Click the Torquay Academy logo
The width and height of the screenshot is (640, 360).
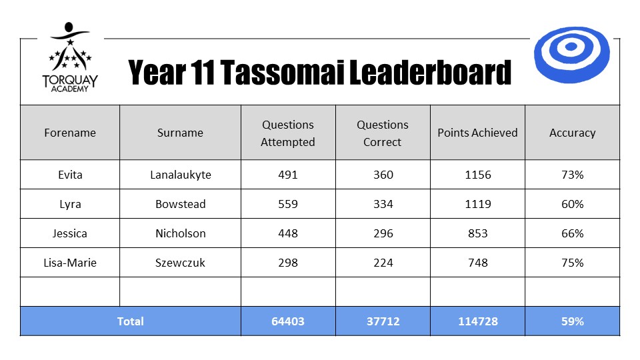(70, 57)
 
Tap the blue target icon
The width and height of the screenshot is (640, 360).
(571, 55)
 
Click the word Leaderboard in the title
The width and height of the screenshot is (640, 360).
(430, 73)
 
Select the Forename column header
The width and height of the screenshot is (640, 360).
(70, 133)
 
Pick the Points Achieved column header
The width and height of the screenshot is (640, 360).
(477, 133)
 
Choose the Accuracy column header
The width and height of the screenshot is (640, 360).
(572, 133)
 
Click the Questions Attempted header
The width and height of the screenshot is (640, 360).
(288, 133)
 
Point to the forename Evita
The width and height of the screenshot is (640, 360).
(70, 175)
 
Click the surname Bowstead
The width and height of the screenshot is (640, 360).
(181, 204)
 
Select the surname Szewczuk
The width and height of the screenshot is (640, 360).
(180, 263)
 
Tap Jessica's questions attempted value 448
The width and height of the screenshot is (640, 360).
(288, 233)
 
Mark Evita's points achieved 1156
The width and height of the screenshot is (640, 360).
(477, 175)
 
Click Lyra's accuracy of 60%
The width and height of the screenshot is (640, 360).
(572, 204)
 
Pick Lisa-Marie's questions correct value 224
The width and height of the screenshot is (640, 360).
(383, 263)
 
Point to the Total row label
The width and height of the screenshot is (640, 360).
(130, 321)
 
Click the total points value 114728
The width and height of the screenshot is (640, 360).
(477, 321)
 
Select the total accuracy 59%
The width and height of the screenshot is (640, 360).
(572, 321)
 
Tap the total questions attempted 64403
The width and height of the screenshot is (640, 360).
(288, 321)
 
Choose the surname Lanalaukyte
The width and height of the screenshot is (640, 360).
(181, 175)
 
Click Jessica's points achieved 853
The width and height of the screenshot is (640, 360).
(477, 233)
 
